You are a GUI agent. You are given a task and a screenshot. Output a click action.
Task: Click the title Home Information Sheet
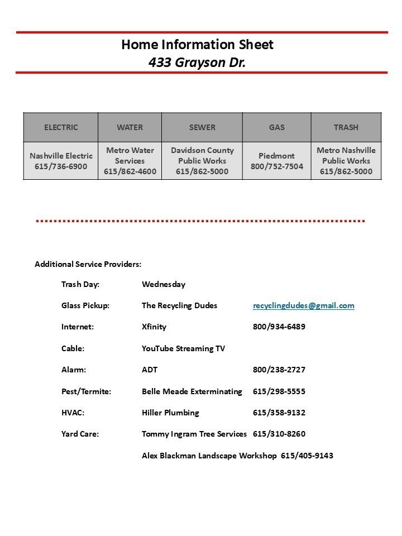click(x=197, y=45)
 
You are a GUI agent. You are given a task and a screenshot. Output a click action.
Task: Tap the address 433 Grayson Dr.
click(x=197, y=63)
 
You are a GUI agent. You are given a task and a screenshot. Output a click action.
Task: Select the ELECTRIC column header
click(x=61, y=127)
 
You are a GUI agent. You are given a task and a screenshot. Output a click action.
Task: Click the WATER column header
click(x=130, y=127)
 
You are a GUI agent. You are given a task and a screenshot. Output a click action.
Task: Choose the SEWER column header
click(x=202, y=127)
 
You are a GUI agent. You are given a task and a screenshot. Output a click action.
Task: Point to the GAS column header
click(x=276, y=127)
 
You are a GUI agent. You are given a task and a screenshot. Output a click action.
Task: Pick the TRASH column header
click(x=346, y=127)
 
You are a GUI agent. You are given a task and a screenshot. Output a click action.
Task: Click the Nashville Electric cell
click(x=61, y=161)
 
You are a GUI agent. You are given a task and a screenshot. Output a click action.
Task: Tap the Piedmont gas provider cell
click(x=276, y=161)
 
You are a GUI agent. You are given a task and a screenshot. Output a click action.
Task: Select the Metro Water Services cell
click(x=130, y=161)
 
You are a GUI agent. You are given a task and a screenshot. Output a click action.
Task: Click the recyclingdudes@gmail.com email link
click(x=303, y=305)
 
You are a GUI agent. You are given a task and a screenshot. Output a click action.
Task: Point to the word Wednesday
click(x=164, y=284)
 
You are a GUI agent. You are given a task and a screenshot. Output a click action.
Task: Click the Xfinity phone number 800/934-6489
click(x=279, y=327)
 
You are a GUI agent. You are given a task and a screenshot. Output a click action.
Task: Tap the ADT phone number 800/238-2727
click(x=279, y=370)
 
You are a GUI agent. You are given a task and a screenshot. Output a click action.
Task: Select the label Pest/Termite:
click(x=86, y=391)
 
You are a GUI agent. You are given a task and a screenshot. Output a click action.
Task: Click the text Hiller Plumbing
click(x=170, y=413)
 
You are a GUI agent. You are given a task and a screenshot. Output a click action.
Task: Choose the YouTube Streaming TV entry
click(x=183, y=348)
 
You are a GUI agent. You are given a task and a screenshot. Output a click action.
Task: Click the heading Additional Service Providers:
click(x=88, y=264)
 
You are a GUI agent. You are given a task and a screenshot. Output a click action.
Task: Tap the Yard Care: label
click(x=80, y=434)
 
